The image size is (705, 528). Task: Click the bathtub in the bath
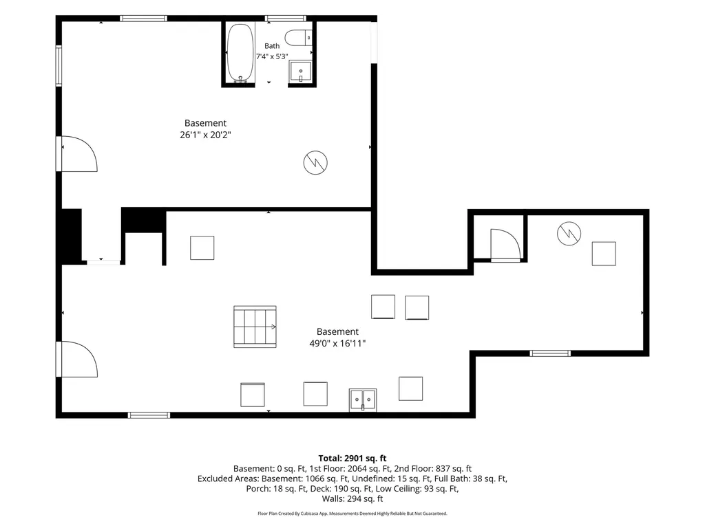pos(240,54)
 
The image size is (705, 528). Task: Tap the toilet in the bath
pos(299,37)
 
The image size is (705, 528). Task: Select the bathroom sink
pos(300,71)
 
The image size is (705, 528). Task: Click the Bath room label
pos(272,46)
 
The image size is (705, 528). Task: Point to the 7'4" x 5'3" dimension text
pos(272,56)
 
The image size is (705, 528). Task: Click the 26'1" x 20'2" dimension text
pos(205,135)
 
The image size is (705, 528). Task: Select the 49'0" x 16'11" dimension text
pos(337,344)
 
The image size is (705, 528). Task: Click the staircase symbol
pos(255,327)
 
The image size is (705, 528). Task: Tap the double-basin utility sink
pos(363,399)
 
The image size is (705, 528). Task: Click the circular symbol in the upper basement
pos(315,162)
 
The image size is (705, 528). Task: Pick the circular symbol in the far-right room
pos(569,234)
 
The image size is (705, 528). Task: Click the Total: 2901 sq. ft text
pos(352,459)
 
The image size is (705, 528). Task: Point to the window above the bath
pos(286,19)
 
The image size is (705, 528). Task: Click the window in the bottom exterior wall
pos(149,415)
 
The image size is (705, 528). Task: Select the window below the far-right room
pos(550,353)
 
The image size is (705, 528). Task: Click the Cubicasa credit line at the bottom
pos(352,513)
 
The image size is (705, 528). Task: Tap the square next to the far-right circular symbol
pos(604,254)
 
